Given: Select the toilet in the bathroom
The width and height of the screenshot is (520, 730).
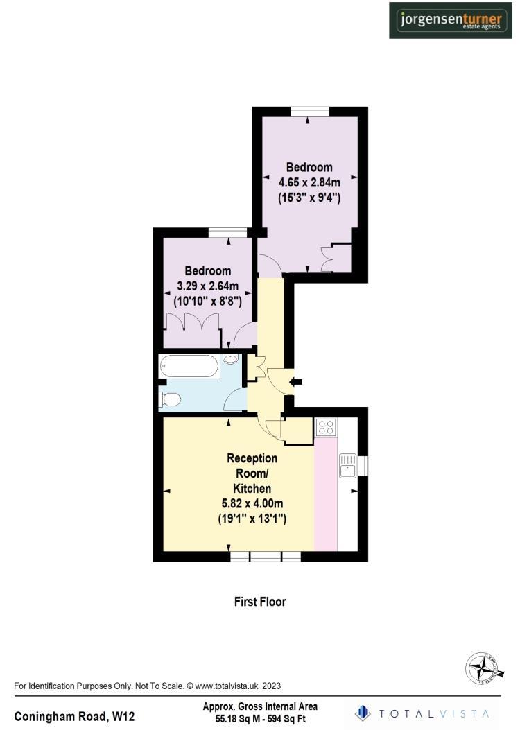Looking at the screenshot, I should point(170,399).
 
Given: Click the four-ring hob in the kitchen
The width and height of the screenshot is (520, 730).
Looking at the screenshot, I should point(326,428).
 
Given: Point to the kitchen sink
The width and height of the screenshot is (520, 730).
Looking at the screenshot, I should point(347,466).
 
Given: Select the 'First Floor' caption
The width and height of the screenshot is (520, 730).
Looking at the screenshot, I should point(259,602).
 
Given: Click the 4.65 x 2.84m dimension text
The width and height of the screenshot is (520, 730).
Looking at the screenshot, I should point(309,182).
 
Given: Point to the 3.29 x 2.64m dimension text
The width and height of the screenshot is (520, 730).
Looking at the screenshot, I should point(207,286).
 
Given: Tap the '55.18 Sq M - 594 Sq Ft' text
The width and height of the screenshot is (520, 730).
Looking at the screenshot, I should point(260,720).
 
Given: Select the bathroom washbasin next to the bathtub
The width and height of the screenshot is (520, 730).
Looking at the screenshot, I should point(231,360).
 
